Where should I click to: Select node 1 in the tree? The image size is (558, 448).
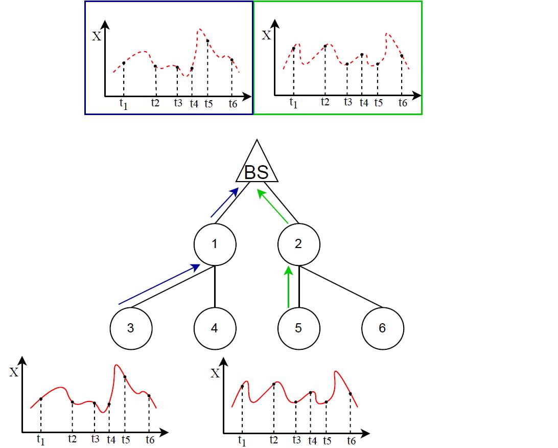215,244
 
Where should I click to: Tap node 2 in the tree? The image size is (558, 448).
298,244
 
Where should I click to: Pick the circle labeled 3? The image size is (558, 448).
131,328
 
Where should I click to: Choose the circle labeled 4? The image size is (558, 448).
215,328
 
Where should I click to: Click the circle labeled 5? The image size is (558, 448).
298,328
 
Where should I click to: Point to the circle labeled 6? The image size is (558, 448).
382,328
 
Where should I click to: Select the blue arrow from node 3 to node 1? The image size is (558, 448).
159,284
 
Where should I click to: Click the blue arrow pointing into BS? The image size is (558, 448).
224,203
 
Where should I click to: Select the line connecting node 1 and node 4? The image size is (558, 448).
215,286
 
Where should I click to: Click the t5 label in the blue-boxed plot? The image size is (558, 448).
208,103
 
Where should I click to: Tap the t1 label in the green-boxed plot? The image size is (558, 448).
293,103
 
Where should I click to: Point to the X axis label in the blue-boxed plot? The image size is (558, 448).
96,36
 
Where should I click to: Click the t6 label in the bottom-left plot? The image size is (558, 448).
150,439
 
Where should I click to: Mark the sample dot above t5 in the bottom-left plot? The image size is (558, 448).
125,377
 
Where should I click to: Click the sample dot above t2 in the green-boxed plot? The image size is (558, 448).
325,46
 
